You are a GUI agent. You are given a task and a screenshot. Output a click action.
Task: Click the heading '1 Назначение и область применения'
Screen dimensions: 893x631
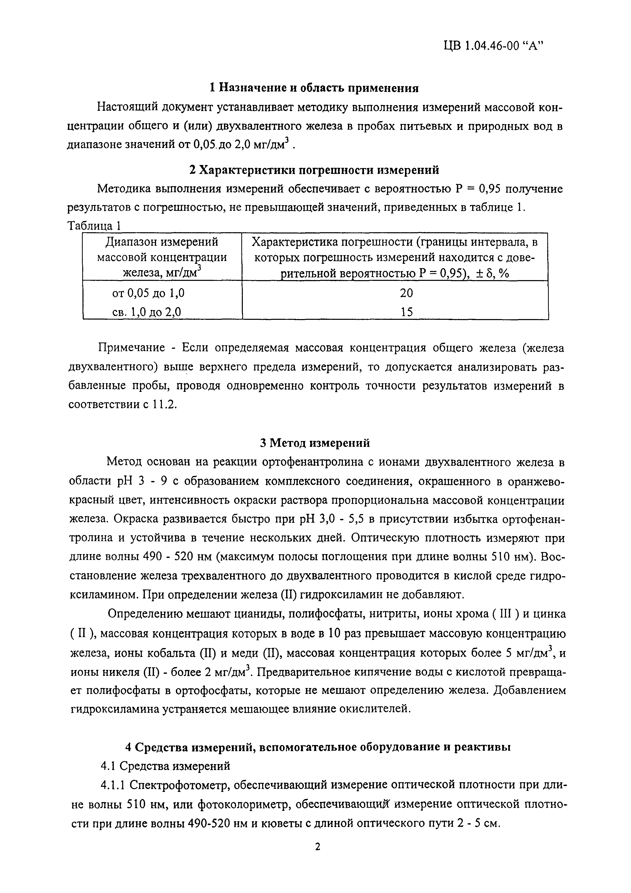314,88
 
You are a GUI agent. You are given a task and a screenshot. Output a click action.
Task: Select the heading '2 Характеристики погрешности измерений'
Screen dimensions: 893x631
314,170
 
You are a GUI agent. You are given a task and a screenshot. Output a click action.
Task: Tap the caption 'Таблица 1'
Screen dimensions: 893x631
95,226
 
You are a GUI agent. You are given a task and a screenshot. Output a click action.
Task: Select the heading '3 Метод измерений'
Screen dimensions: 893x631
315,443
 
